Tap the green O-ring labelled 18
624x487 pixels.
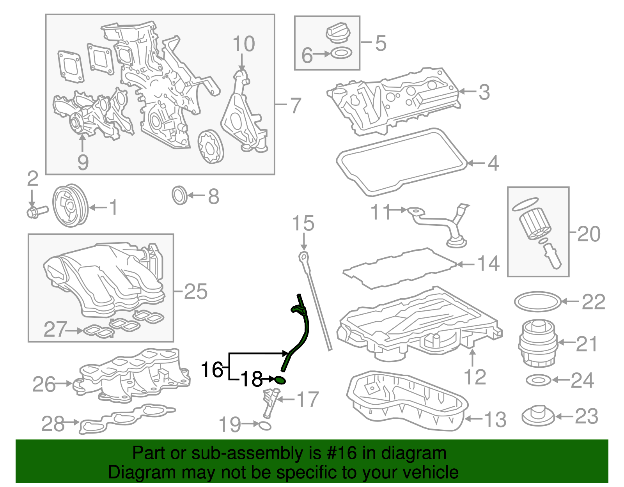coord(280,379)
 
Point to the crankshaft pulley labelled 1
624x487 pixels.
coord(71,205)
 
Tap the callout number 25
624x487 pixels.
coord(195,291)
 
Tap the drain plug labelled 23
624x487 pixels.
coord(538,416)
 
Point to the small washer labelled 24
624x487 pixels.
coord(538,380)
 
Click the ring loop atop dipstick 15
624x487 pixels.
coord(303,257)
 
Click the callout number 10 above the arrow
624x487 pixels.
coord(244,44)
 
